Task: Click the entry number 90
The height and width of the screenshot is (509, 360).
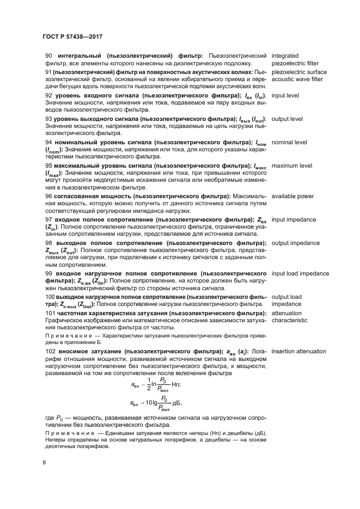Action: click(x=48, y=56)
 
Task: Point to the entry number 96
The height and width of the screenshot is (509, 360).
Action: click(x=48, y=196)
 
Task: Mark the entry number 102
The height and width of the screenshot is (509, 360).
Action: click(x=50, y=352)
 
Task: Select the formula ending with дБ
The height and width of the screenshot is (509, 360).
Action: click(x=156, y=403)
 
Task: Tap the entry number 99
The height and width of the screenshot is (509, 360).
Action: click(x=48, y=273)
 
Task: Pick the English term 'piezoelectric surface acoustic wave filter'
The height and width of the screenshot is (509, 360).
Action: click(x=298, y=75)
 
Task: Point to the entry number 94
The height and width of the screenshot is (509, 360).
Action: click(x=48, y=143)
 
